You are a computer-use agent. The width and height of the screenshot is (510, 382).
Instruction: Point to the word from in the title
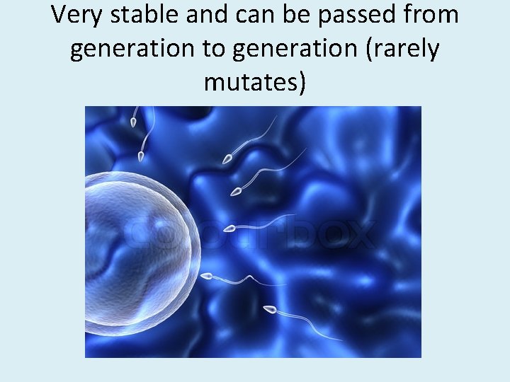tap(433, 14)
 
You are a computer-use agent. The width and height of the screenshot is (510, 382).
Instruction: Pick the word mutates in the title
tap(255, 82)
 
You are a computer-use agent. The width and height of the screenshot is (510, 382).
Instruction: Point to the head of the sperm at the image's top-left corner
tap(132, 122)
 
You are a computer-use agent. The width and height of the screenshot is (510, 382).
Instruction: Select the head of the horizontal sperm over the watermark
tap(229, 228)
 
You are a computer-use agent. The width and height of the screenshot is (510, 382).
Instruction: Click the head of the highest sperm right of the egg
tap(227, 160)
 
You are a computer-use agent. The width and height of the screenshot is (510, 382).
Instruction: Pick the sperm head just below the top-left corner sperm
tap(141, 156)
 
